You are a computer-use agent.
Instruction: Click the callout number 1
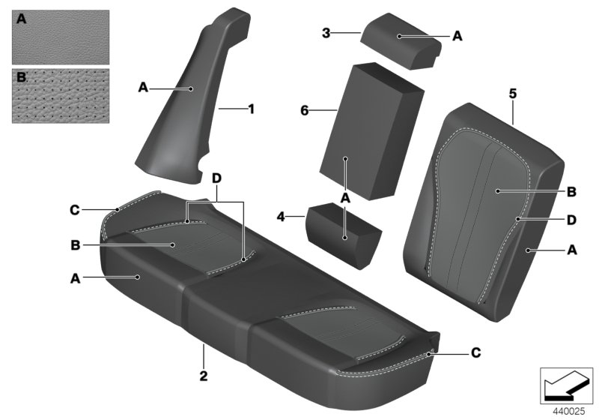pyautogui.click(x=251, y=109)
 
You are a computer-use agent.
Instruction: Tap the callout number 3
pyautogui.click(x=326, y=32)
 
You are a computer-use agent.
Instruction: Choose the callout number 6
pyautogui.click(x=305, y=110)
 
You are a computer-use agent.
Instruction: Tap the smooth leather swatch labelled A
pyautogui.click(x=61, y=37)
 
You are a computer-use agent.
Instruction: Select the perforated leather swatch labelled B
pyautogui.click(x=61, y=96)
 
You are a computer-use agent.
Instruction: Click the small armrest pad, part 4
pyautogui.click(x=342, y=232)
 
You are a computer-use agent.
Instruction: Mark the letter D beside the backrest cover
pyautogui.click(x=571, y=220)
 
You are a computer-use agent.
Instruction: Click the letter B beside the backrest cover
pyautogui.click(x=571, y=192)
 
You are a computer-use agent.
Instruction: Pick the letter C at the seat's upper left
pyautogui.click(x=75, y=210)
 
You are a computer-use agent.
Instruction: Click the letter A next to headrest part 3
pyautogui.click(x=457, y=35)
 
